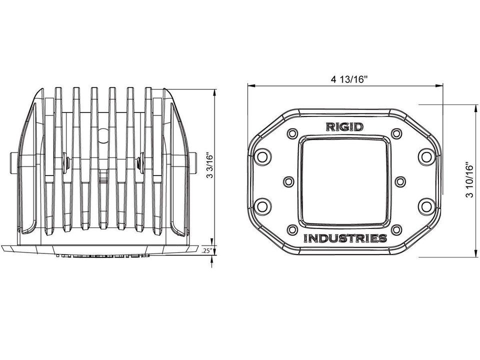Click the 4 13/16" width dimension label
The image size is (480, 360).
coord(348,79)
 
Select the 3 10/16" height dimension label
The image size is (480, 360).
coord(470,179)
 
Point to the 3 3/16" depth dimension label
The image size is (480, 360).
coord(209,165)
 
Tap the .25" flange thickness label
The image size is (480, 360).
coord(207,250)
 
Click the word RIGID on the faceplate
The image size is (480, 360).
coord(344,126)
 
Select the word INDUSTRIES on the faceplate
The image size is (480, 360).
coord(345,238)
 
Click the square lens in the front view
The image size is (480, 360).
coord(344,181)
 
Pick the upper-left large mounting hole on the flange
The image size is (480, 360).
coord(262,156)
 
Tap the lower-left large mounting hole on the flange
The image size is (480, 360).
coord(262,206)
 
